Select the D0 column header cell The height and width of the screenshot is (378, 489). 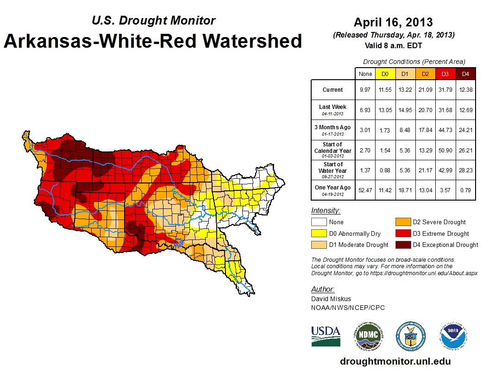tap(385, 74)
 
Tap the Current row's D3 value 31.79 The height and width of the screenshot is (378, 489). tap(445, 90)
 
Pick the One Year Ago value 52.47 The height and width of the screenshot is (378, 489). tap(365, 188)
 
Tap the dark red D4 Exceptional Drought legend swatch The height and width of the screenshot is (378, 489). tap(402, 245)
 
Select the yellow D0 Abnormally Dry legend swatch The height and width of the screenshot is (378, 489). tap(319, 233)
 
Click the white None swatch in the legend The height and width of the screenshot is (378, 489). tap(319, 222)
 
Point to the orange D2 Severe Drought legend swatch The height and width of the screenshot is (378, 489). tap(402, 222)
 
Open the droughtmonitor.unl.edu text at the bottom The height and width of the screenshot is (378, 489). tap(395, 361)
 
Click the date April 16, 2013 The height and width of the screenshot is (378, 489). tap(393, 22)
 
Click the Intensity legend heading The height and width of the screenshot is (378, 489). tap(326, 211)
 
